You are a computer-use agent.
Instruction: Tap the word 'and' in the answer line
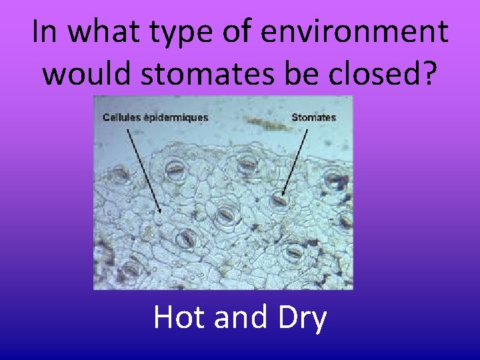238,318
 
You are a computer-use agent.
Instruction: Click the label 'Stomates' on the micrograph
314,117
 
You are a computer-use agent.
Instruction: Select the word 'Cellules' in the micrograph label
121,117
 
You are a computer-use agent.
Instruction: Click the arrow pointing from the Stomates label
296,160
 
